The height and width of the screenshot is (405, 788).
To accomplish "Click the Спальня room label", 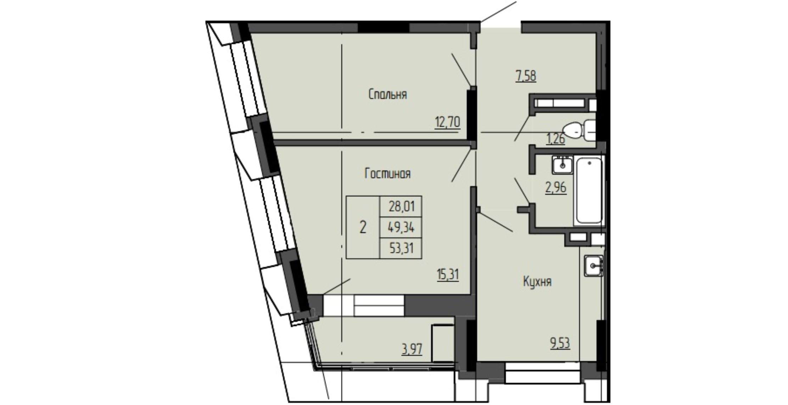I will click(x=388, y=95).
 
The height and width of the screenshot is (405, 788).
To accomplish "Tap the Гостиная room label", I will click(x=388, y=174).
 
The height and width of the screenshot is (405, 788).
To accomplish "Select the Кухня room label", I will click(x=537, y=282).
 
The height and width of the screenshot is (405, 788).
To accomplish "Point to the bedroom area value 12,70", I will click(x=447, y=123).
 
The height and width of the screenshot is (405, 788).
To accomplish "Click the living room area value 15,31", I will click(x=448, y=274).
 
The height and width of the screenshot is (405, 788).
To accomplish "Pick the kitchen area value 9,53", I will click(x=560, y=343).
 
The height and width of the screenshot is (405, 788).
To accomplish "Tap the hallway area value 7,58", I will click(x=526, y=76).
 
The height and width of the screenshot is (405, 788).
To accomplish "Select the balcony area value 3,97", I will click(x=412, y=349).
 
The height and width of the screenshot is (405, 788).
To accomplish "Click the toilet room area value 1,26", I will click(x=555, y=139).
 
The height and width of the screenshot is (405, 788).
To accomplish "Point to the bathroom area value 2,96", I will click(x=556, y=187).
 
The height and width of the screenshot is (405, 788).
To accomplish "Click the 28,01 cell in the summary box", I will click(x=402, y=206).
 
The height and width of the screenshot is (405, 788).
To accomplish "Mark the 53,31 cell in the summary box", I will click(x=402, y=248).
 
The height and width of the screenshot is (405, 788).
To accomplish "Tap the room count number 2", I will click(x=363, y=227).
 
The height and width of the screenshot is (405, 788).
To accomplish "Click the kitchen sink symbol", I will click(x=593, y=265).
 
